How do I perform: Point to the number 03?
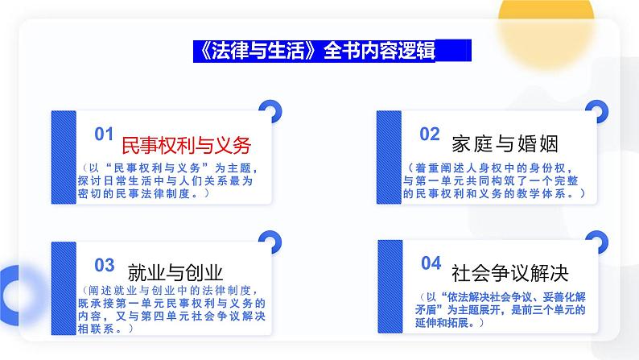(105, 263)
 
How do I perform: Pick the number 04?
(431, 263)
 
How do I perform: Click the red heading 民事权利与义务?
(186, 145)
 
